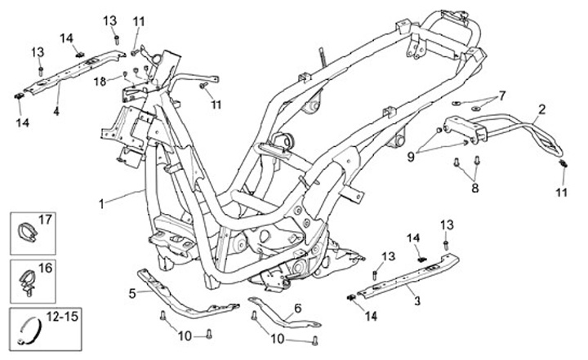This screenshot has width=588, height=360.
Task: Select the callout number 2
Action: (x=541, y=108)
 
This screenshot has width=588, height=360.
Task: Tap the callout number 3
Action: (x=417, y=301)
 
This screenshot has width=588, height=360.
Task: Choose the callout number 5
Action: (x=132, y=291)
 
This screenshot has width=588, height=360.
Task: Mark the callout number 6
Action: (x=297, y=308)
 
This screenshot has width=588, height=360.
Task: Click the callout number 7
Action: (x=502, y=95)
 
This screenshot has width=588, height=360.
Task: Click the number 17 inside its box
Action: (x=44, y=220)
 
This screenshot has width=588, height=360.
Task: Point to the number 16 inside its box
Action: (x=44, y=267)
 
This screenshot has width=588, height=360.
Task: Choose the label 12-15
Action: (x=58, y=316)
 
